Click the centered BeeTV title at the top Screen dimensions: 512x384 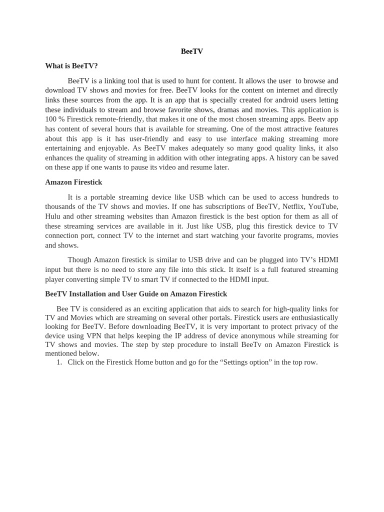(x=192, y=51)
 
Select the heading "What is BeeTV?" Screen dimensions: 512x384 (x=71, y=65)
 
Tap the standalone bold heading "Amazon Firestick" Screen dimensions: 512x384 (x=73, y=182)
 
